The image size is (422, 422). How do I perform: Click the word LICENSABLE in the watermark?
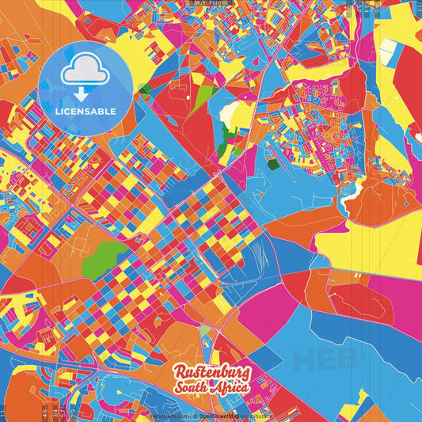tap(86, 112)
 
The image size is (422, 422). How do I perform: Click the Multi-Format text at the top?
tap(211, 3)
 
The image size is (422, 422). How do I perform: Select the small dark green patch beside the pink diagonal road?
tap(272, 165)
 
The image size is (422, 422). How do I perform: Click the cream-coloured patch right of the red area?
tap(229, 116)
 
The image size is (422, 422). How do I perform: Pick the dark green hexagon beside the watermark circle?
tap(145, 89)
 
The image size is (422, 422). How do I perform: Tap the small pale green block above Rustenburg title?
tap(204, 330)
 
